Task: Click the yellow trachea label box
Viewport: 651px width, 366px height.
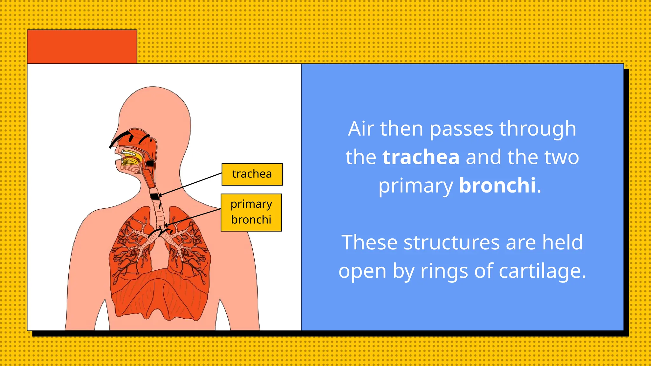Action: click(252, 174)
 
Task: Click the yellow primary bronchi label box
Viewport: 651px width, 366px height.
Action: click(251, 212)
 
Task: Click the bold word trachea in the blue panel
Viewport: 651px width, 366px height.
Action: click(421, 157)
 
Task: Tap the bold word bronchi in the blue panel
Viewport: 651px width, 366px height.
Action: click(497, 185)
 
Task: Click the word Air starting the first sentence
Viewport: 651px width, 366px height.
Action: click(361, 129)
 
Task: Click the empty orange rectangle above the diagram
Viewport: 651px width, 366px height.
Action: click(82, 47)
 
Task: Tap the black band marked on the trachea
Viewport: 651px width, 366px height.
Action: click(155, 196)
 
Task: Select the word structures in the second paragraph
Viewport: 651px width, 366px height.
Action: click(452, 243)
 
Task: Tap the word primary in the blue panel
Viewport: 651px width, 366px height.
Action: click(415, 186)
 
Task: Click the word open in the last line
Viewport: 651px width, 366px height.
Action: click(362, 272)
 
